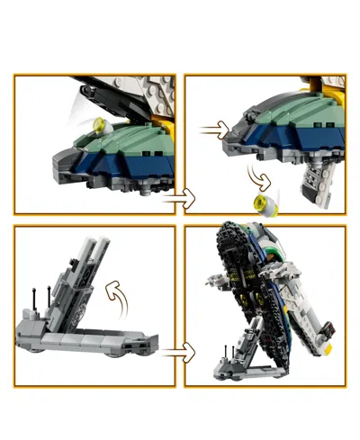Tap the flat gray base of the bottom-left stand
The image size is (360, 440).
pos(81,342)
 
